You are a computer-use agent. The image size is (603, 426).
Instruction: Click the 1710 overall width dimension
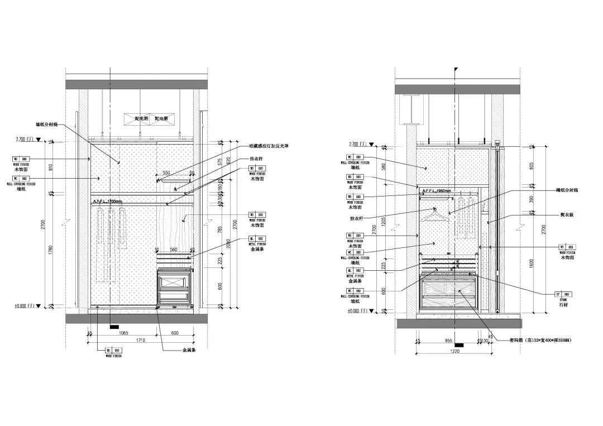coord(140,339)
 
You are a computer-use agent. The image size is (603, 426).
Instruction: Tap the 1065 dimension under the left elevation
coord(123,333)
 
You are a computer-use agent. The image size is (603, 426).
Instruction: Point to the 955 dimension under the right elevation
coord(448,340)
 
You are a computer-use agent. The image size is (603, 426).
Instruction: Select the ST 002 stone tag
coord(563,294)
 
